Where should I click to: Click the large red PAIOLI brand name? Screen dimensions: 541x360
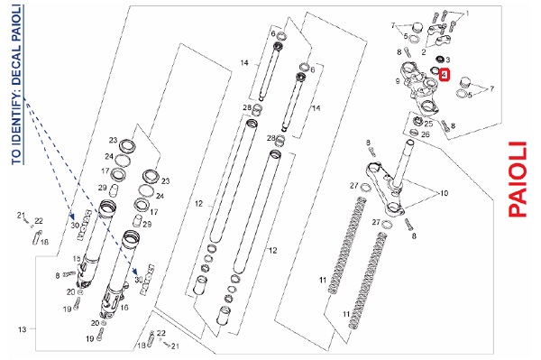pos(518,180)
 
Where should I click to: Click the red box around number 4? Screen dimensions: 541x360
pos(444,74)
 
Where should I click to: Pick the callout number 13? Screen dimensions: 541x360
pos(22,329)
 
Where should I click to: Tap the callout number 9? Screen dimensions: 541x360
pos(398,81)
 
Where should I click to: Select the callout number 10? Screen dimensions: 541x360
pos(444,193)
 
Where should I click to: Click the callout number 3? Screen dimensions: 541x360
pos(447,60)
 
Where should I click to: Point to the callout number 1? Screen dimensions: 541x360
pos(467,14)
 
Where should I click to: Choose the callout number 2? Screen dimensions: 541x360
pos(424,52)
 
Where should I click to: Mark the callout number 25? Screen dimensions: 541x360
pos(428,124)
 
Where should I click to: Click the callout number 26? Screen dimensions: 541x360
pos(426,134)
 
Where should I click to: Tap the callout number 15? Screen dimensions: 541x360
pos(77,259)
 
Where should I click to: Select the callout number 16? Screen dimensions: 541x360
pos(124,307)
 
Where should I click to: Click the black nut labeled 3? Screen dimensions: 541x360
pos(440,59)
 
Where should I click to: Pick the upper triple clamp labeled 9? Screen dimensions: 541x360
pos(421,87)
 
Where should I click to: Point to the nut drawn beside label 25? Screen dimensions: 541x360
pos(418,122)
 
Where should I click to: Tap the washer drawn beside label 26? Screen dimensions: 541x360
pos(415,133)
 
